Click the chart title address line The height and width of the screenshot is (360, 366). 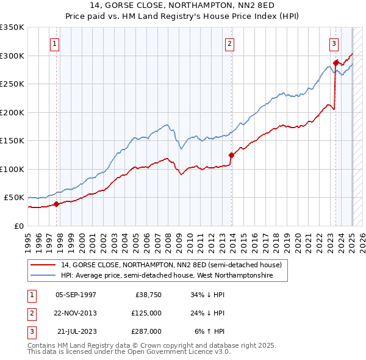point(183,5)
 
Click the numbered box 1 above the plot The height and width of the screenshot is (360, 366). point(55,43)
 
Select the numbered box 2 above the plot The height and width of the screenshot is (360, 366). point(229,43)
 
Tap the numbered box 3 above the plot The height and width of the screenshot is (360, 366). point(334,43)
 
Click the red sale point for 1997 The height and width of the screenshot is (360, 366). point(57,204)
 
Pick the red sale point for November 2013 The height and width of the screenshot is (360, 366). point(231,155)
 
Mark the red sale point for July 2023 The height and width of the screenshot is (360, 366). point(336,63)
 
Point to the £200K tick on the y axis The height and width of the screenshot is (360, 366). point(12,112)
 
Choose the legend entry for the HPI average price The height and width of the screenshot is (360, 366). point(167,276)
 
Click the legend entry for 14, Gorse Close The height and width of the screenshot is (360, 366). point(171,265)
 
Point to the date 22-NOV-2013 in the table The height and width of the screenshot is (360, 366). point(76,313)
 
